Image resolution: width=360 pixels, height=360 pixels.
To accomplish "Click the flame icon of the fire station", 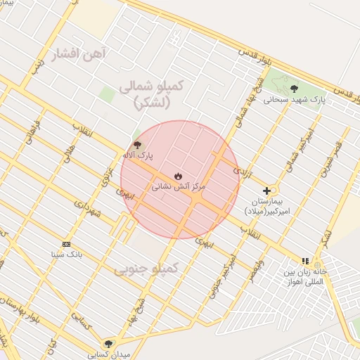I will click(x=178, y=176).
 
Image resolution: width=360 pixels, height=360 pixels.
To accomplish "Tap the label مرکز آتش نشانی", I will click(x=179, y=187).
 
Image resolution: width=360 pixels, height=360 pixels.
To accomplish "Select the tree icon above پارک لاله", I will click(x=136, y=144).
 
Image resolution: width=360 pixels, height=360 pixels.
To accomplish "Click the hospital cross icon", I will click(x=267, y=191).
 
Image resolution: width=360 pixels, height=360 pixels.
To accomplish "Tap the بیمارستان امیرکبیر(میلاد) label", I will click(x=267, y=205).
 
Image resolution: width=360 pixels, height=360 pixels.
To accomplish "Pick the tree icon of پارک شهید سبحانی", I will click(x=294, y=89).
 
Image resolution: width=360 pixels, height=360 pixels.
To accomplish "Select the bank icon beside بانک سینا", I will click(x=66, y=243).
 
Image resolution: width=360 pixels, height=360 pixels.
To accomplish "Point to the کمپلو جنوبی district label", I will click(x=146, y=269).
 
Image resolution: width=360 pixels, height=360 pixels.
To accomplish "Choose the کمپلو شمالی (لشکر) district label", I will click(x=151, y=94).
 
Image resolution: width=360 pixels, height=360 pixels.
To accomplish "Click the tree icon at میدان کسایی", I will click(x=108, y=343).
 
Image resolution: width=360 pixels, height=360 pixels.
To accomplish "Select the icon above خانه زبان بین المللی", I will click(x=305, y=261).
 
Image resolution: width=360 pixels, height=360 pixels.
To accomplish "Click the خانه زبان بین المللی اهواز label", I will click(x=306, y=276).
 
